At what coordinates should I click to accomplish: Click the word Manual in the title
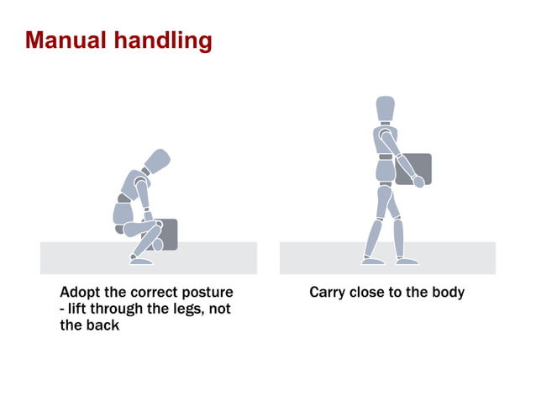point(66,40)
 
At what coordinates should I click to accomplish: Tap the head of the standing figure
point(385,108)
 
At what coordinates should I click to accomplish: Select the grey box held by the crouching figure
point(166,234)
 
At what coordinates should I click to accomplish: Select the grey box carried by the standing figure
point(414,168)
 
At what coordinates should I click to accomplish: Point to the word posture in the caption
point(208,294)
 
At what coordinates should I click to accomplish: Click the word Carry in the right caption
point(328,293)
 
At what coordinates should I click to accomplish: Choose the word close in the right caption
point(370,293)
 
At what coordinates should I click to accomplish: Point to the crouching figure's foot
point(142,261)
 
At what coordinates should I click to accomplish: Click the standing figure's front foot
point(407,261)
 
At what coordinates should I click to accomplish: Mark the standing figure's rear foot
point(371,261)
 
